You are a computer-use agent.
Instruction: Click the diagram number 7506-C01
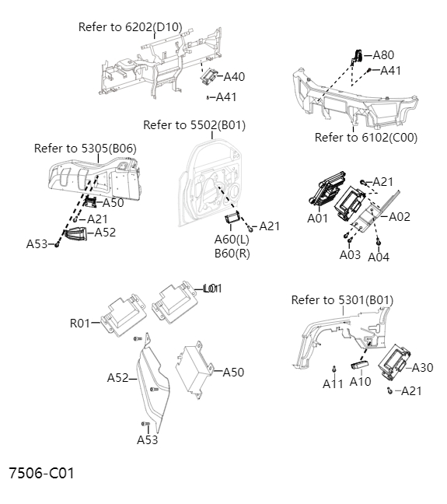41,473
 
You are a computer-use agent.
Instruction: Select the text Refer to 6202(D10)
130,27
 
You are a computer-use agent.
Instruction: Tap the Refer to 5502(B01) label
194,125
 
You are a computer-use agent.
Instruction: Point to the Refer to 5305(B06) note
85,148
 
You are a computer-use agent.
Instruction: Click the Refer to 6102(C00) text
366,138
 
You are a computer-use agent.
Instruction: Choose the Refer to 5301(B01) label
342,300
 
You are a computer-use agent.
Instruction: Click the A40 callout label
234,77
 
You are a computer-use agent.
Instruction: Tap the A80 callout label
383,55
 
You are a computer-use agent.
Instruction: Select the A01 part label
318,219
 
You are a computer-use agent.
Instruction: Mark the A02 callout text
400,217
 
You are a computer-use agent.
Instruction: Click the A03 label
350,254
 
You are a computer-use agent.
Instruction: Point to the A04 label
379,257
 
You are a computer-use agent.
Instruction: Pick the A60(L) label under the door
232,240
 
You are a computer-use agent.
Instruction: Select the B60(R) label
232,254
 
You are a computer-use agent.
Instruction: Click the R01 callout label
80,323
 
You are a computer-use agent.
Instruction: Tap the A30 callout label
422,368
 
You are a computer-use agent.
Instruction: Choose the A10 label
360,382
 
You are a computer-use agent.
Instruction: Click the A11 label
333,383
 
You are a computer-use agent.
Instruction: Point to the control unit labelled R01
123,316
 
